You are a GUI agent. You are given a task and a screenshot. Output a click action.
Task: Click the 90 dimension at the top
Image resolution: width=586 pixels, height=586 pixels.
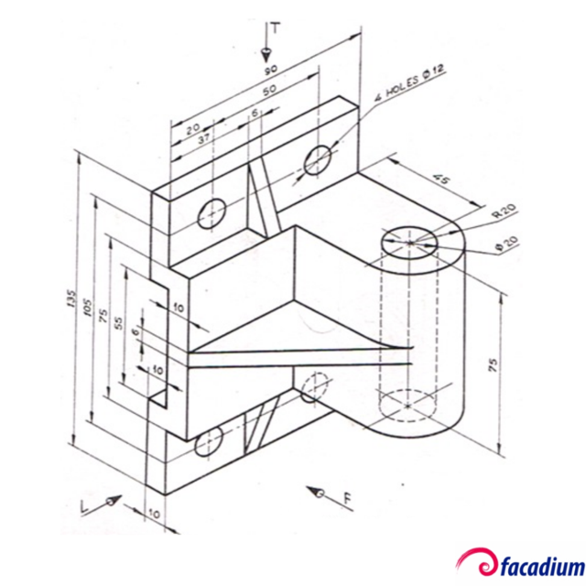tap(272, 71)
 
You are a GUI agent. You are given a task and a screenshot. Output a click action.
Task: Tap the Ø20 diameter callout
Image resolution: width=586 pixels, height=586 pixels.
tap(505, 244)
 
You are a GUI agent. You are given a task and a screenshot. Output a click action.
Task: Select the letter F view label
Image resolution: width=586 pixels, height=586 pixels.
tap(347, 499)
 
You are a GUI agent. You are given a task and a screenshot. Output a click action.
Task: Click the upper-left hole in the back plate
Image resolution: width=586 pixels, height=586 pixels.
tap(213, 213)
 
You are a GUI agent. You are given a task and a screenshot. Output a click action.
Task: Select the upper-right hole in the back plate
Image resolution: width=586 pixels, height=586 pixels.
tap(317, 158)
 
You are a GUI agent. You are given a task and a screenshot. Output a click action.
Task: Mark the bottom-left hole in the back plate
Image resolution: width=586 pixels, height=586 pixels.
tap(209, 442)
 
